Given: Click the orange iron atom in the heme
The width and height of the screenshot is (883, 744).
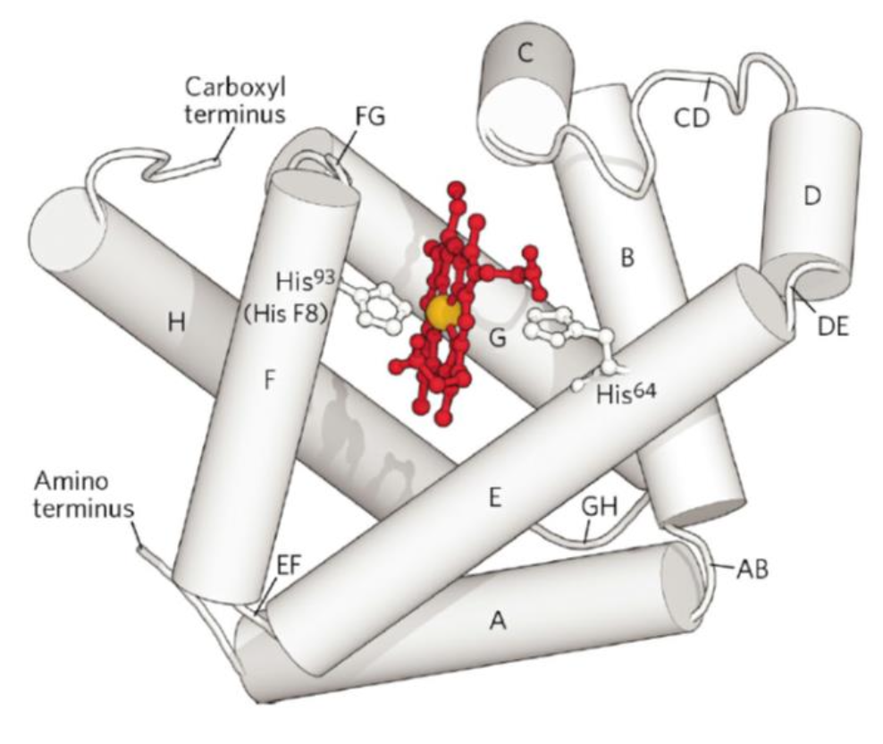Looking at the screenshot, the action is (x=443, y=313).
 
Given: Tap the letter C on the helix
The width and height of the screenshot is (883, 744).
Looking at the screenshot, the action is (x=525, y=54).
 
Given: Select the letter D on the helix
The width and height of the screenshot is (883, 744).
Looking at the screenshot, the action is (x=812, y=196).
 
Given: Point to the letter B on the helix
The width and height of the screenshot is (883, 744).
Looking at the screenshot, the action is (x=627, y=258).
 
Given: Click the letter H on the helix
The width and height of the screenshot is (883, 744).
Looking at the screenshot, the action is (x=177, y=323).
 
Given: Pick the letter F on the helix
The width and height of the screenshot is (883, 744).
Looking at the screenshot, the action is (x=270, y=380).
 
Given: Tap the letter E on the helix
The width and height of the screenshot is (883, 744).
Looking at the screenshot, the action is (x=495, y=498).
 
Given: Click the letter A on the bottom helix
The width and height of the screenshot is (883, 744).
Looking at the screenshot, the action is (x=499, y=621).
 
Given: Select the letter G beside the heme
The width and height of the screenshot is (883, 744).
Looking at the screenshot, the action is (x=498, y=339).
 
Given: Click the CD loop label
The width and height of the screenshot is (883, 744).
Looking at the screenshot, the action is (x=692, y=118).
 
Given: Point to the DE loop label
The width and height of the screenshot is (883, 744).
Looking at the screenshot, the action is (x=832, y=327).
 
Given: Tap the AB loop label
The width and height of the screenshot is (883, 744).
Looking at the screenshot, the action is (x=752, y=570).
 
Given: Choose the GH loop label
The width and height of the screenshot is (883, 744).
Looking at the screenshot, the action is (x=599, y=507).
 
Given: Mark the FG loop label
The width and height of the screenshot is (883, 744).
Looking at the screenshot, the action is (x=370, y=116).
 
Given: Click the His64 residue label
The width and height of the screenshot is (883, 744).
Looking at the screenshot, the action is (x=627, y=393).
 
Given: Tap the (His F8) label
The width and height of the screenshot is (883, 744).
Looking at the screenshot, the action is (x=285, y=313).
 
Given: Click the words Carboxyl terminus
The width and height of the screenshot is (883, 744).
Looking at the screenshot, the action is (x=235, y=100).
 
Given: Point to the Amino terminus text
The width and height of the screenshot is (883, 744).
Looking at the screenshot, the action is (x=84, y=495).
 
